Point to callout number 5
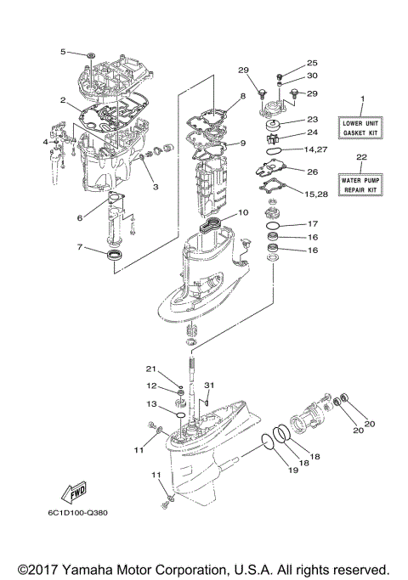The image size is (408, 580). click(x=63, y=52)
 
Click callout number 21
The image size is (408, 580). click(x=151, y=369)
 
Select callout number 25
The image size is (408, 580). click(x=311, y=64)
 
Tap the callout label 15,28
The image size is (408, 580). click(x=316, y=196)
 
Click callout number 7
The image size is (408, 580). click(x=80, y=248)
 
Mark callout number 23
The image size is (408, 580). click(x=311, y=120)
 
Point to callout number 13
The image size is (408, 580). click(x=151, y=404)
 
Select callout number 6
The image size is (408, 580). click(x=80, y=217)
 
